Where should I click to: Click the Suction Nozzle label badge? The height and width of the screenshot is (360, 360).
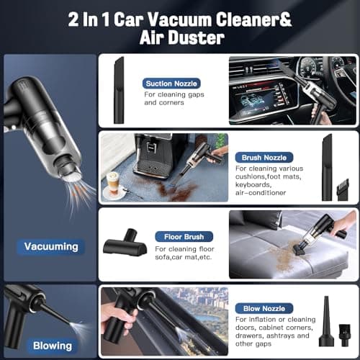pos(171,84)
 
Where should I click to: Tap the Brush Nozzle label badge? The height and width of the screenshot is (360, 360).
pos(264,158)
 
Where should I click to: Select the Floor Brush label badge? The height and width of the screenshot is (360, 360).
pos(184,237)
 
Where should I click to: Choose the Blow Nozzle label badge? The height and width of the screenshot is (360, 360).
pos(264,308)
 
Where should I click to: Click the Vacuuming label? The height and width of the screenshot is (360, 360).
pos(51,247)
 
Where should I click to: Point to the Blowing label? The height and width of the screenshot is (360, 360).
pos(53,346)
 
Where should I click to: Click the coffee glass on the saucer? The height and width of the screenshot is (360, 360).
pos(113,183)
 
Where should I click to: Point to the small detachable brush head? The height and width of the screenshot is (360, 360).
pos(343,189)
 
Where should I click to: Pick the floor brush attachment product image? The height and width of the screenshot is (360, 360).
pos(125,242)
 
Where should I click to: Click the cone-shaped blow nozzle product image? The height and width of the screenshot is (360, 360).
pos(326,321)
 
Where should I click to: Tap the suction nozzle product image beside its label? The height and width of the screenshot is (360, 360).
pos(119,90)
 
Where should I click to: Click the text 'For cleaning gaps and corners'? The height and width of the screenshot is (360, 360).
pos(174,99)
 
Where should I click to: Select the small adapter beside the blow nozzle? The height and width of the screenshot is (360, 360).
pos(344,335)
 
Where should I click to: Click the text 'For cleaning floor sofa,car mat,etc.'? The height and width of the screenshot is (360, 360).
pos(184,253)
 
